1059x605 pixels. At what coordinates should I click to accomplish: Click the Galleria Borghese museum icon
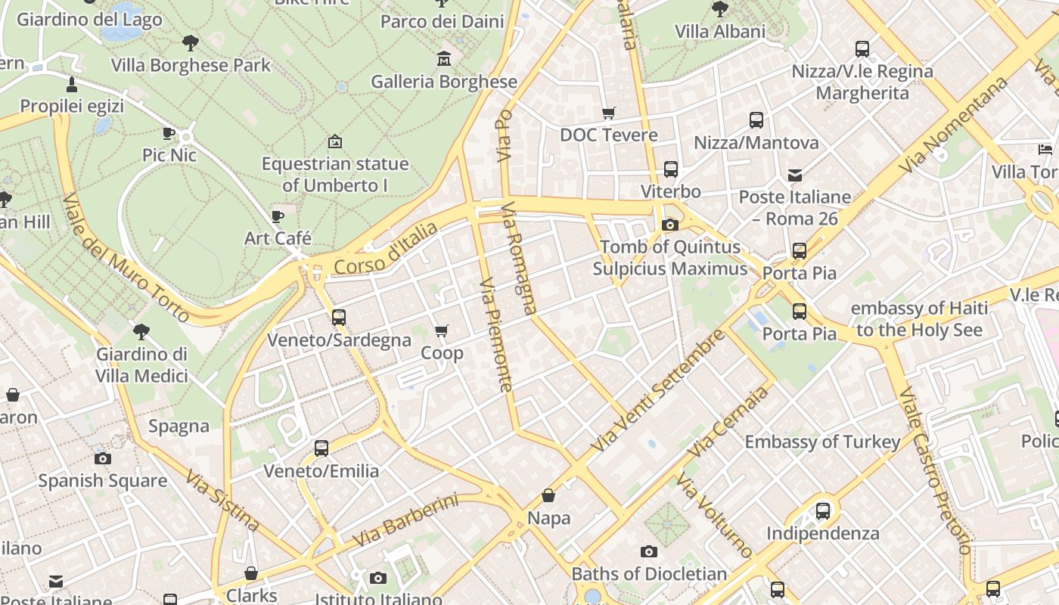444,58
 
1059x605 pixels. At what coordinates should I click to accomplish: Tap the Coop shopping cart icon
442,330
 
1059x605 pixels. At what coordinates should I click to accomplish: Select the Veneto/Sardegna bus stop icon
339,318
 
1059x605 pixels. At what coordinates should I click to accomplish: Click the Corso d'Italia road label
386,248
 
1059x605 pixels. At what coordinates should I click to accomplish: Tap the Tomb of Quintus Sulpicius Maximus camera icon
669,225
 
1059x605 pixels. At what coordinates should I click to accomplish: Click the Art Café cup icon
278,216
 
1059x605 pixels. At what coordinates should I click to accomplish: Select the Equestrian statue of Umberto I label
335,174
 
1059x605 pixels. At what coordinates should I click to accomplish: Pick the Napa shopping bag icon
548,496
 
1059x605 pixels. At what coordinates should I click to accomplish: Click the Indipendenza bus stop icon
823,511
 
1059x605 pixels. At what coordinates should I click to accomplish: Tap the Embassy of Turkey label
823,442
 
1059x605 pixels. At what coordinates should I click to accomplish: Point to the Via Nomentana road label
954,124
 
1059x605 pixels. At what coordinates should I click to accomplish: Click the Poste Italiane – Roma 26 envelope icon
795,175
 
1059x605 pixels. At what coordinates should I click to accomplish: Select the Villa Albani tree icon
720,9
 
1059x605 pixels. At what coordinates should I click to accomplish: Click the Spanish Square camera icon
103,458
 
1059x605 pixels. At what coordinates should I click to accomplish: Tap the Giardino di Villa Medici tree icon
141,331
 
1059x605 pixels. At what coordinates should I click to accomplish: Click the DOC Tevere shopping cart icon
609,113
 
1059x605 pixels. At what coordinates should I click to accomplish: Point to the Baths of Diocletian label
649,574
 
